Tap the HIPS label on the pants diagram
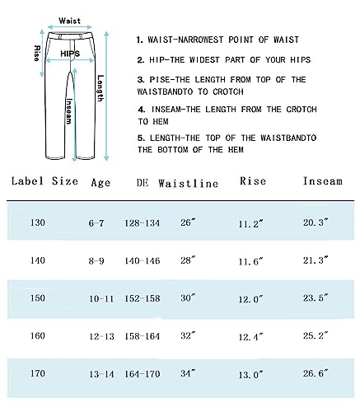click(71, 53)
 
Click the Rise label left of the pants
click(37, 54)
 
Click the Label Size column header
click(45, 181)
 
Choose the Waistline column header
click(188, 182)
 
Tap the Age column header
click(101, 181)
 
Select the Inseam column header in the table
click(322, 181)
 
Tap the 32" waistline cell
click(189, 335)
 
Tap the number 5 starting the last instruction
click(140, 137)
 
